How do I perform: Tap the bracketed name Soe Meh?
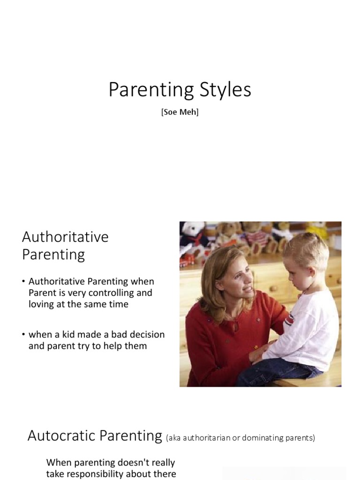click(180, 113)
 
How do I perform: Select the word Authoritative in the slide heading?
click(65, 237)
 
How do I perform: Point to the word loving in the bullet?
click(43, 304)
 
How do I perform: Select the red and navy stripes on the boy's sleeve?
click(289, 320)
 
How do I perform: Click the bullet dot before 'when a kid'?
click(24, 335)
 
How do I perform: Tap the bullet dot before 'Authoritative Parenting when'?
click(24, 282)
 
